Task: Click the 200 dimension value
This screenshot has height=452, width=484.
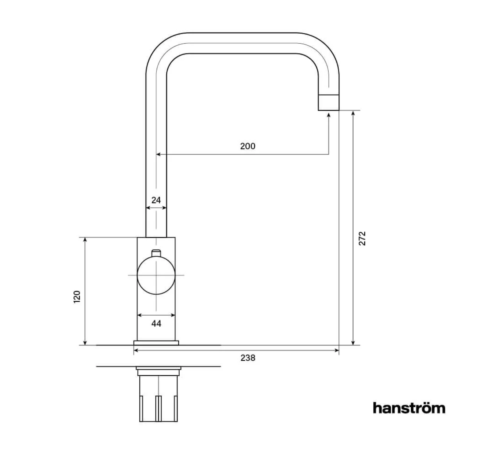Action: [247, 146]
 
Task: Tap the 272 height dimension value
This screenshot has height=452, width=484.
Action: [362, 238]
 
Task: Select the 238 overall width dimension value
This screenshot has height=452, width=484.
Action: [248, 358]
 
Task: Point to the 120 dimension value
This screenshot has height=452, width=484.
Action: [77, 297]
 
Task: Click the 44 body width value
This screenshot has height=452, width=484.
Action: [156, 323]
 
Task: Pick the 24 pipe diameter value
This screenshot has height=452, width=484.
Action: [156, 200]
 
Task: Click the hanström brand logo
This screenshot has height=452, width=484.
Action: [409, 408]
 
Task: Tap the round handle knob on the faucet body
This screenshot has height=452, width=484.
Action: [156, 275]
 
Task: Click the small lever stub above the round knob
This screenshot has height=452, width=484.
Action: [156, 253]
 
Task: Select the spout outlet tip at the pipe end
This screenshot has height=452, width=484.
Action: [329, 103]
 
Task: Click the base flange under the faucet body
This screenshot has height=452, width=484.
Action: [156, 343]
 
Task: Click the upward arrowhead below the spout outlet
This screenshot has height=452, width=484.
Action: [329, 115]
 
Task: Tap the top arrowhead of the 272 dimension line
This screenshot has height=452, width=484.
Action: [353, 113]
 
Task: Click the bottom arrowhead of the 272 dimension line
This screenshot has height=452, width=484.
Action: [353, 342]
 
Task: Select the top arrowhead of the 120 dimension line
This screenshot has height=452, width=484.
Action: [85, 240]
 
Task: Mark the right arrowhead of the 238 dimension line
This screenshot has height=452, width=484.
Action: [336, 350]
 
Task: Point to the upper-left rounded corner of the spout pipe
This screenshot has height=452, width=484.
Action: [160, 48]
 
